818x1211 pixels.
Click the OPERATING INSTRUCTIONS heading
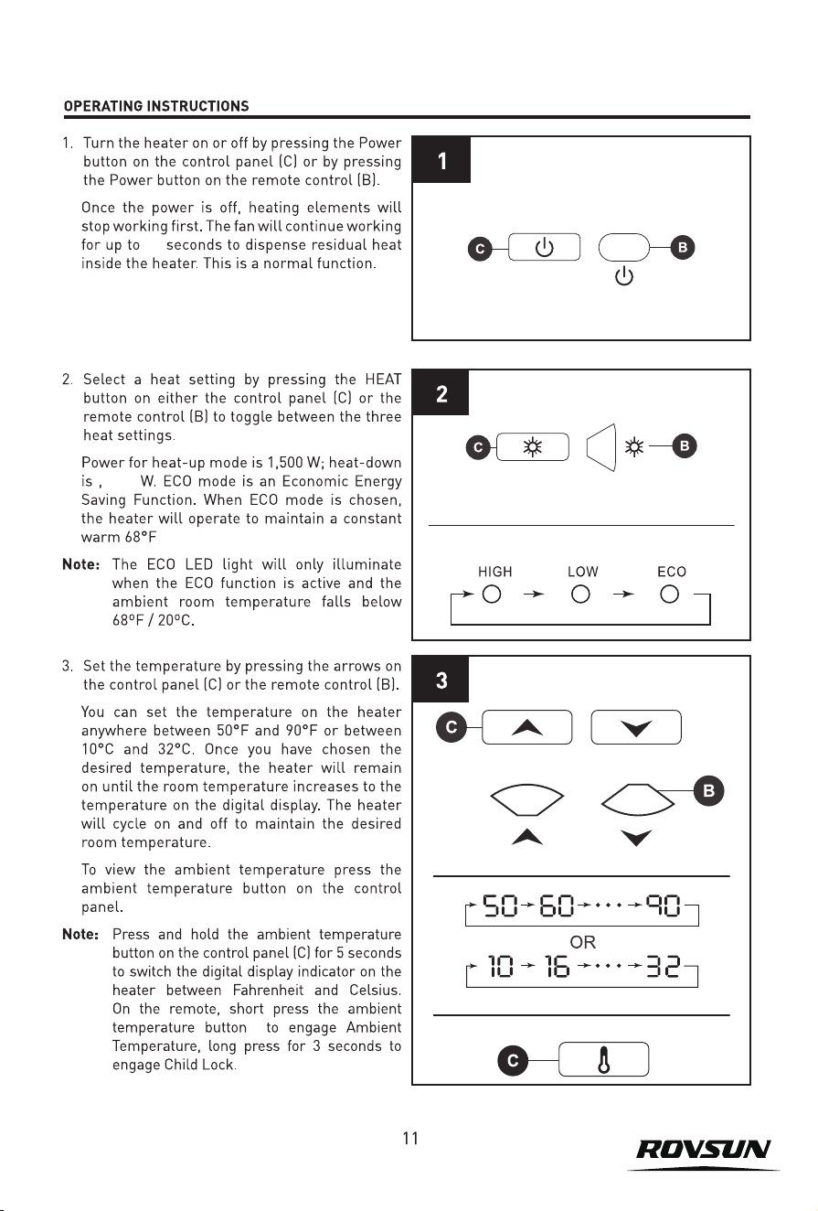coord(156,106)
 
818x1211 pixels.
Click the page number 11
coord(410,1139)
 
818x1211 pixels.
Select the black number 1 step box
coord(441,160)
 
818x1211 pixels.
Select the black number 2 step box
coord(441,393)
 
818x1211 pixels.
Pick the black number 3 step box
coord(441,680)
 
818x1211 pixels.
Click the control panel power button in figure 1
coord(544,247)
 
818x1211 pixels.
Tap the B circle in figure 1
coord(683,248)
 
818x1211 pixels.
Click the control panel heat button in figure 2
coord(533,447)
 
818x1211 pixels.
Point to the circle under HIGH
coord(492,595)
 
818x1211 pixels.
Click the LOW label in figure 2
coord(582,572)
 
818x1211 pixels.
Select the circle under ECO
coord(669,595)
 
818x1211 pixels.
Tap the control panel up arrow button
coord(526,727)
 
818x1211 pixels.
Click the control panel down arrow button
coord(636,727)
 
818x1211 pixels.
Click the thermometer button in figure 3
coord(603,1059)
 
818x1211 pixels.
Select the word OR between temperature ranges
coord(582,942)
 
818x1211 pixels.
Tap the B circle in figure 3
coord(709,791)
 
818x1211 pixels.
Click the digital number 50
coord(500,906)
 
